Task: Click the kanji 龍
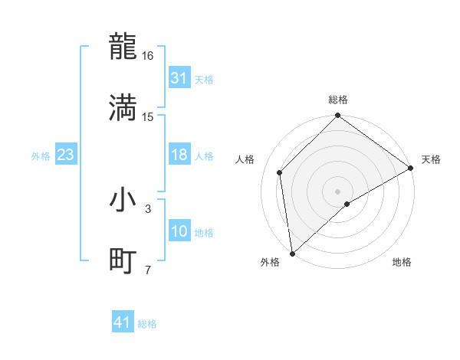click(123, 47)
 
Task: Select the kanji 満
click(123, 107)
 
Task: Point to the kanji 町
click(123, 261)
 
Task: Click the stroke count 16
click(148, 56)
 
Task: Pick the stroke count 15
click(148, 116)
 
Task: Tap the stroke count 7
click(148, 270)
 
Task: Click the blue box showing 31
click(179, 78)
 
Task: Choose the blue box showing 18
click(179, 155)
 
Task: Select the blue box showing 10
click(179, 231)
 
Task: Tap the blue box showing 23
click(66, 155)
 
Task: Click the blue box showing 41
click(123, 322)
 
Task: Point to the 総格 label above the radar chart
click(338, 100)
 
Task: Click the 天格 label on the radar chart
click(431, 159)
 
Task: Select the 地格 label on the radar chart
click(402, 263)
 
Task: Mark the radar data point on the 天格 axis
click(411, 168)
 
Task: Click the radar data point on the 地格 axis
click(347, 204)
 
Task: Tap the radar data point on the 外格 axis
click(292, 254)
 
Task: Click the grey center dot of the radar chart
click(338, 191)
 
